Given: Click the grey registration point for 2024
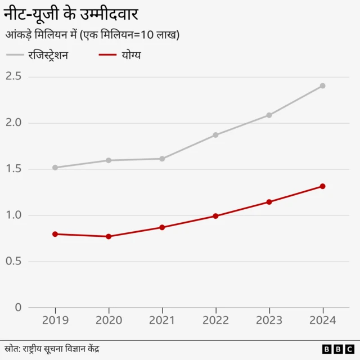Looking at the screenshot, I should click(323, 86).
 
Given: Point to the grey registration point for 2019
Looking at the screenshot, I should click(55, 168).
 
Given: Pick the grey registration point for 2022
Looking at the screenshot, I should click(215, 135).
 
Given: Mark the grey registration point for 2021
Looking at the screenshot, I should click(162, 159).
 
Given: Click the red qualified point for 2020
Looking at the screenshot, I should click(109, 236).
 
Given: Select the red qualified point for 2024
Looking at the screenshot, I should click(323, 186).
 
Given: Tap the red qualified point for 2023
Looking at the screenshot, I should click(269, 202).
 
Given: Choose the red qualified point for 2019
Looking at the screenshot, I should click(55, 234).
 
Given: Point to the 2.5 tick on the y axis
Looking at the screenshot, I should click(13, 76).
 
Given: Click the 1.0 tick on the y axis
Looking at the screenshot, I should click(13, 215).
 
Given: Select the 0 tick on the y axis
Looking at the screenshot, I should click(18, 307).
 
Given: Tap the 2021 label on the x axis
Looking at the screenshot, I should click(162, 320).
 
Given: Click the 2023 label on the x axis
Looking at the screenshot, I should click(269, 320).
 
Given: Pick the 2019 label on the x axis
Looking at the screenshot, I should click(55, 320).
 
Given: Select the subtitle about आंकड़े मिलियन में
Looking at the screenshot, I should click(92, 35).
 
